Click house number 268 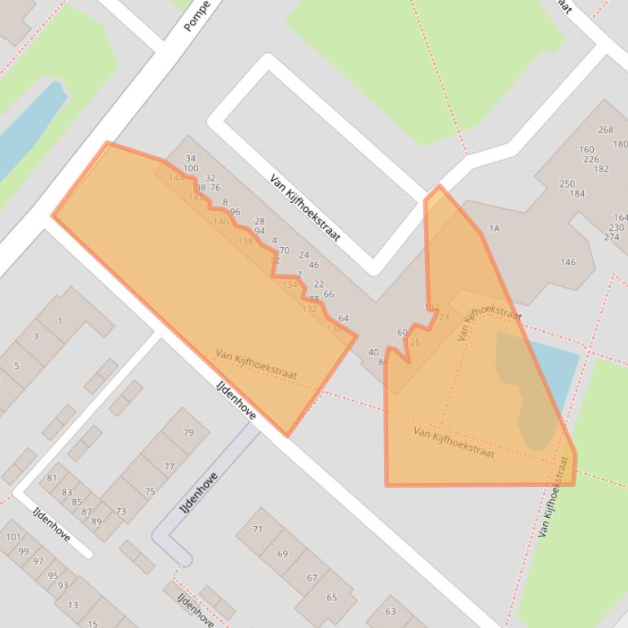click(605, 130)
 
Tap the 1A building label click(494, 229)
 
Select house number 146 click(568, 263)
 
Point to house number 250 click(567, 184)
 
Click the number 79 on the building click(188, 432)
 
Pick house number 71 click(258, 529)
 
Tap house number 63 click(391, 611)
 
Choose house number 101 click(13, 537)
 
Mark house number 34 click(191, 159)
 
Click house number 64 click(343, 319)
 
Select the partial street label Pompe click(197, 16)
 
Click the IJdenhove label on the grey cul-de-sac click(198, 493)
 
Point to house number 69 click(282, 554)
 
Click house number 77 click(169, 467)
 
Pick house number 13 click(73, 604)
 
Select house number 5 click(16, 366)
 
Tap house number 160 click(586, 149)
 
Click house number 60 click(402, 333)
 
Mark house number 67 click(312, 577)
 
